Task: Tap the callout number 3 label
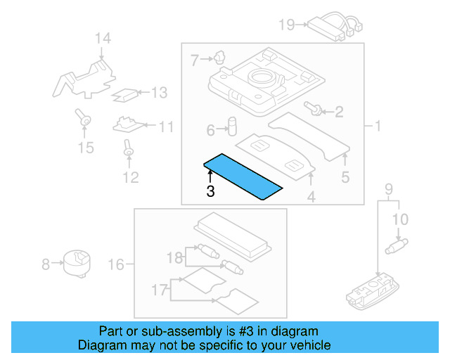coord(210,191)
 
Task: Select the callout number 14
coord(103,38)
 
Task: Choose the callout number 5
coord(345,177)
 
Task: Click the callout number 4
coord(311,198)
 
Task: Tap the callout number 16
coord(116,264)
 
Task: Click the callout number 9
coord(389,188)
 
